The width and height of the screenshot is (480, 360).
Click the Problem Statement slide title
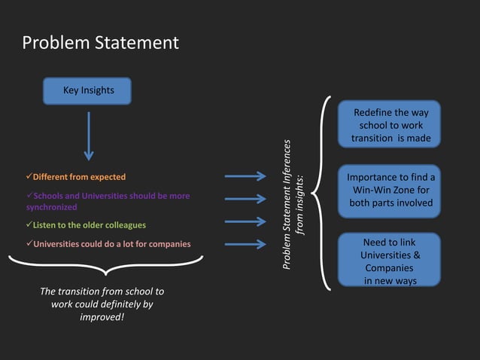pos(100,43)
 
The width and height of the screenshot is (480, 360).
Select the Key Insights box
pos(88,91)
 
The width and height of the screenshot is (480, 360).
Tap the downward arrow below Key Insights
pos(89,136)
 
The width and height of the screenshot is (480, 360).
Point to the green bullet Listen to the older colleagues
pos(89,225)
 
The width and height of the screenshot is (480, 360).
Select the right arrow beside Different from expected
pos(245,176)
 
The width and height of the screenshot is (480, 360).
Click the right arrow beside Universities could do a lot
pos(245,244)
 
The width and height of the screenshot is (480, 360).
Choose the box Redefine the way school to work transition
pos(390,125)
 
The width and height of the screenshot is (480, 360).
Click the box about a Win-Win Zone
pos(390,190)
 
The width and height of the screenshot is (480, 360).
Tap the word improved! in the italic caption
pos(102,316)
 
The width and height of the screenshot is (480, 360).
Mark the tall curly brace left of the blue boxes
pos(321,193)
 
